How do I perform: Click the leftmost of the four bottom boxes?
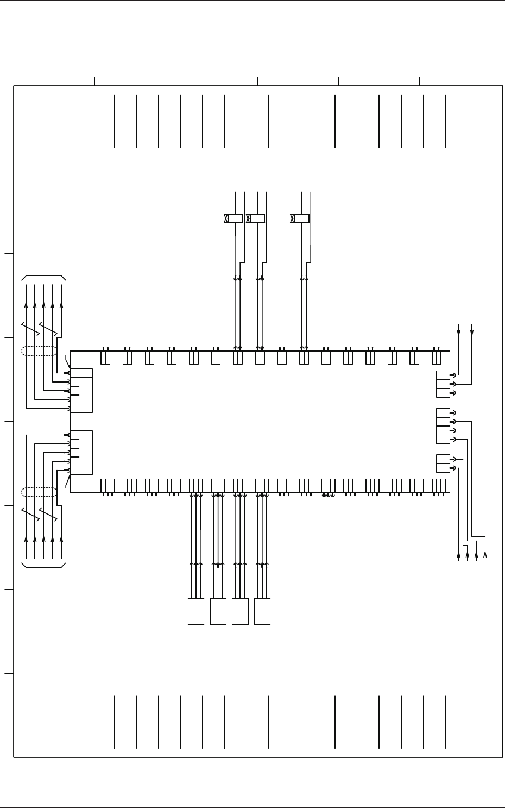[195, 611]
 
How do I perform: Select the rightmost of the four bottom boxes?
[262, 611]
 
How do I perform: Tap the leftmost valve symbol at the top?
[226, 218]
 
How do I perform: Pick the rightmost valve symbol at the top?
[292, 218]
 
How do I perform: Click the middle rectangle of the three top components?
[257, 218]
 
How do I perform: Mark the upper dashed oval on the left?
[39, 350]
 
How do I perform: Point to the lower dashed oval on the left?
[39, 492]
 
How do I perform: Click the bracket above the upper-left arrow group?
[43, 277]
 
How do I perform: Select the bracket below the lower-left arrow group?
[43, 566]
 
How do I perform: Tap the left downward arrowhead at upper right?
[459, 333]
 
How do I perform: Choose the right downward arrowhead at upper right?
[472, 333]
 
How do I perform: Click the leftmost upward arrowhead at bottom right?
[459, 555]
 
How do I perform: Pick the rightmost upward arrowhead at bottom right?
[485, 555]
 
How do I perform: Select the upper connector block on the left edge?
[81, 390]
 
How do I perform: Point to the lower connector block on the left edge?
[81, 453]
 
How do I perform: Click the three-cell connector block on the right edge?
[443, 384]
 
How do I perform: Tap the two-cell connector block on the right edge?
[443, 463]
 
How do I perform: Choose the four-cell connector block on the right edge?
[443, 425]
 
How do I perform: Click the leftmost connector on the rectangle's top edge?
[106, 358]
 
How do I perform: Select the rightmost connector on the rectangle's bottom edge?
[438, 485]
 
